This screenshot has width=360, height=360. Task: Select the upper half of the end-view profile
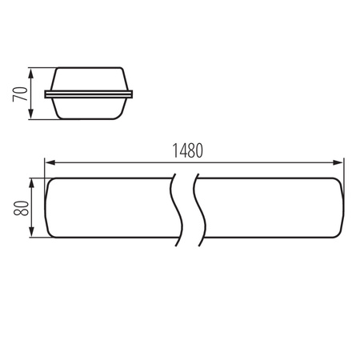click(x=88, y=81)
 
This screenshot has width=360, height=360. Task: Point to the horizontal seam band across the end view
click(x=88, y=94)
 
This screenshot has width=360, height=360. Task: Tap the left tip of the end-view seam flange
click(x=46, y=94)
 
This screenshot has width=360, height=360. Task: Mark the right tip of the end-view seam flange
click(x=131, y=94)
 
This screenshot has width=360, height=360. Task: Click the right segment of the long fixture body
click(x=272, y=208)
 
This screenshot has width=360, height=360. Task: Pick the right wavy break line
click(x=195, y=208)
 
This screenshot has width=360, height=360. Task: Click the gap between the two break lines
click(x=184, y=208)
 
